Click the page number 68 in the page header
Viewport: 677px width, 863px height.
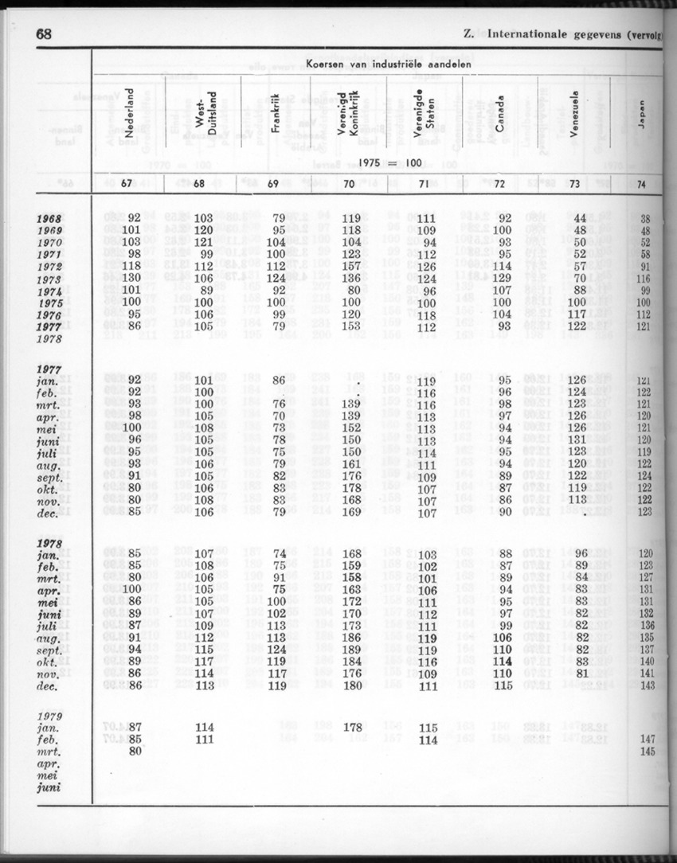(x=44, y=35)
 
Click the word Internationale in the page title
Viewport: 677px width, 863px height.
(x=530, y=34)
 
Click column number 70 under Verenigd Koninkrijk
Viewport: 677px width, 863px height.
(x=350, y=185)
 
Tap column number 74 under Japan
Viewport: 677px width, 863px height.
(x=642, y=185)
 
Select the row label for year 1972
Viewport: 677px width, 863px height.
(x=49, y=266)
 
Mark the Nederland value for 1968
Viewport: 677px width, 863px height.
(x=133, y=217)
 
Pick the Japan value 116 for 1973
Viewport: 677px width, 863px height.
(x=644, y=279)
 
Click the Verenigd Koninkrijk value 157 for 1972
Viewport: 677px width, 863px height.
(x=350, y=266)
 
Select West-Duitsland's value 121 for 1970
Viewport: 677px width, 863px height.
(x=205, y=242)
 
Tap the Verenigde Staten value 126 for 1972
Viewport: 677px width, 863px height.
(x=427, y=266)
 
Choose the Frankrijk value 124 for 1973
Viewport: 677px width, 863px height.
(x=276, y=279)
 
